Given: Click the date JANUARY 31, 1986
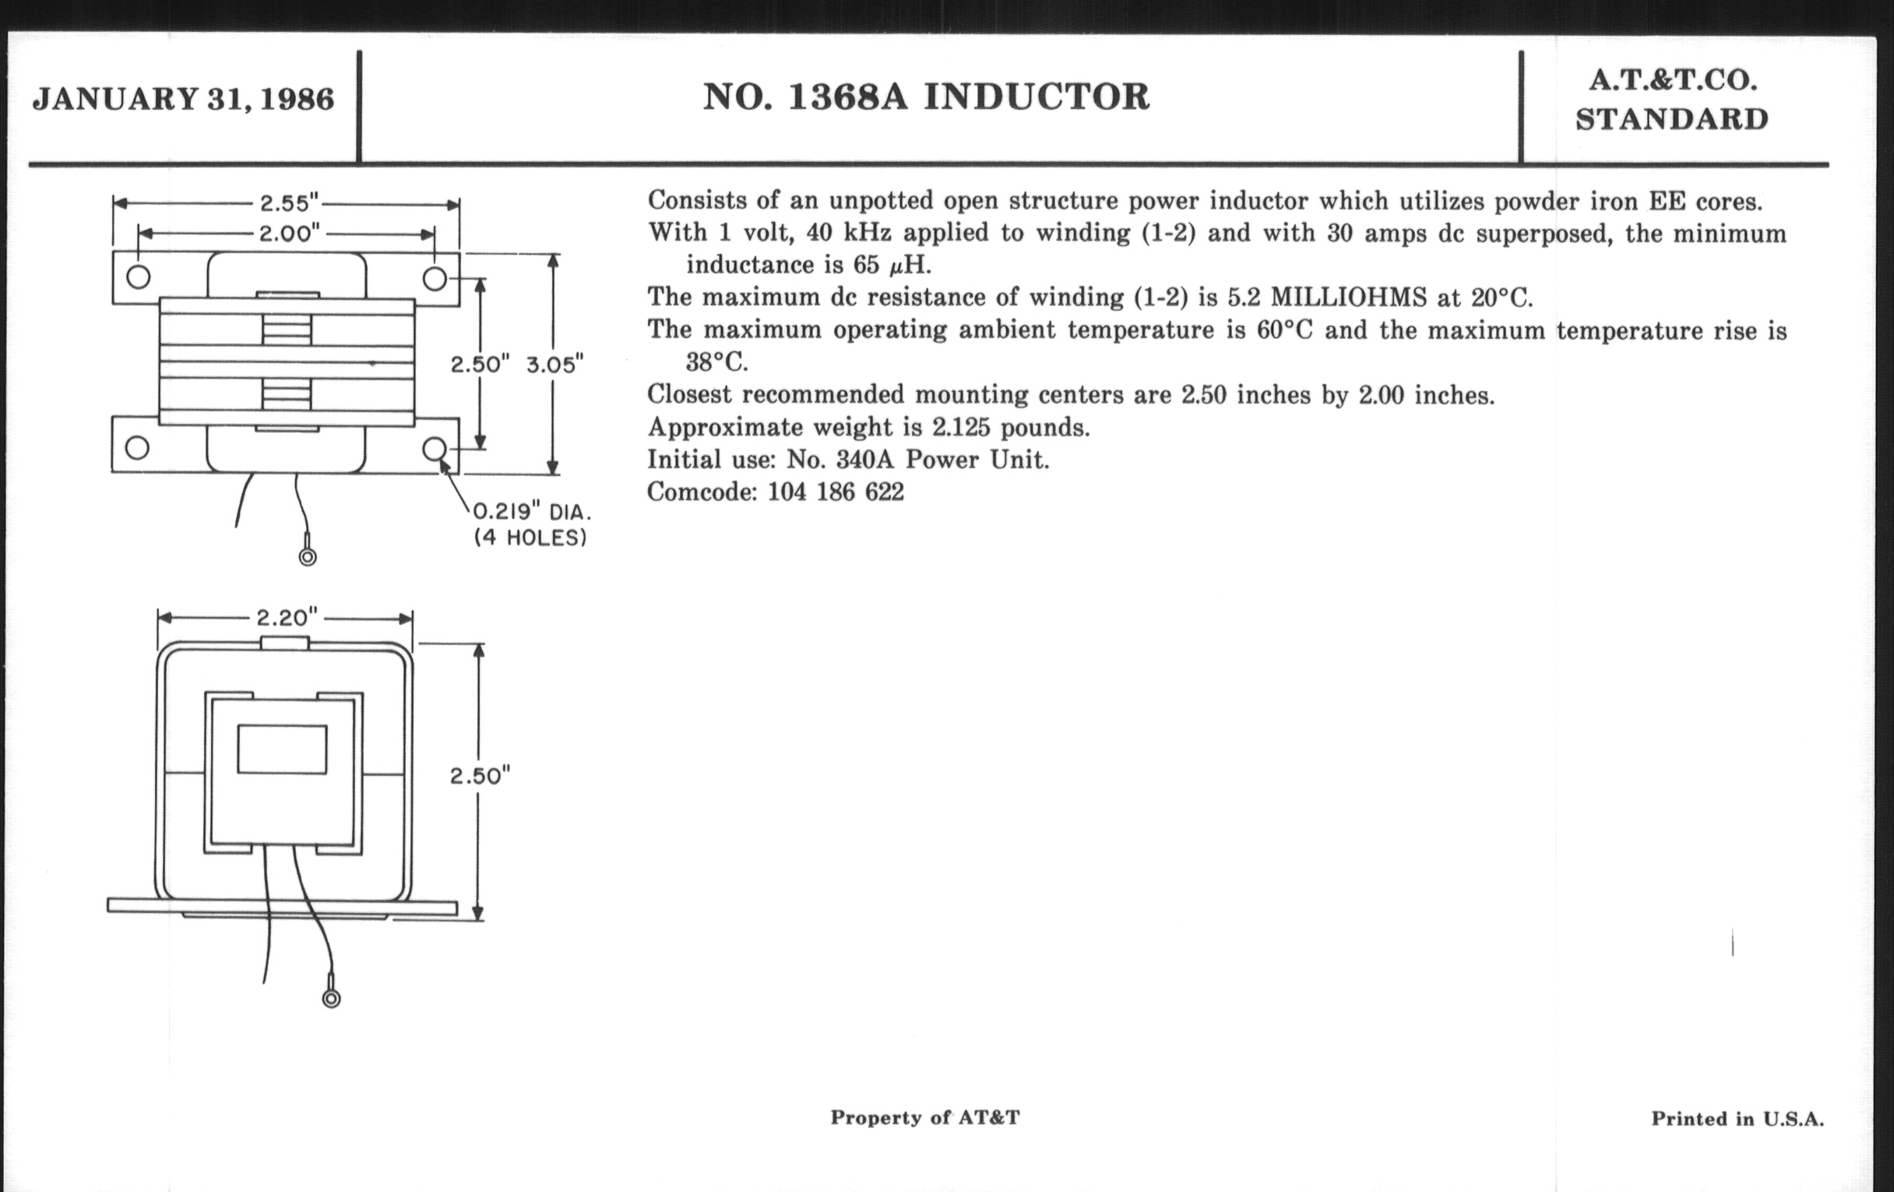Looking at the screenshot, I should pyautogui.click(x=183, y=99).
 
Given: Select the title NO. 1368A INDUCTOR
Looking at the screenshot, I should pyautogui.click(x=926, y=97).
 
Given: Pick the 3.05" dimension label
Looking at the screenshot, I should pyautogui.click(x=554, y=365).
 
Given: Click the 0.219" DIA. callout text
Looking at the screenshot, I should pyautogui.click(x=532, y=512).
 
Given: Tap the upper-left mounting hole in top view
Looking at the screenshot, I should pyautogui.click(x=138, y=277).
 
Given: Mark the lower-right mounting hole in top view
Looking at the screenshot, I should pyautogui.click(x=435, y=450).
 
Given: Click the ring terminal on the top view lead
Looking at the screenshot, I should pyautogui.click(x=308, y=557).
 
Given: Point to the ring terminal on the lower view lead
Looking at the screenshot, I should pyautogui.click(x=331, y=1000).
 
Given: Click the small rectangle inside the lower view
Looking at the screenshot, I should pyautogui.click(x=282, y=749).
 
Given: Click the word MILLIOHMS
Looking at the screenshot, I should pyautogui.click(x=1348, y=298).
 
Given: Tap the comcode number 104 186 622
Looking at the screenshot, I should pyautogui.click(x=836, y=492).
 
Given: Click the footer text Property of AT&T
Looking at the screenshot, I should pyautogui.click(x=925, y=1117).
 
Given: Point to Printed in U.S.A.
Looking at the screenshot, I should pyautogui.click(x=1737, y=1119).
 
